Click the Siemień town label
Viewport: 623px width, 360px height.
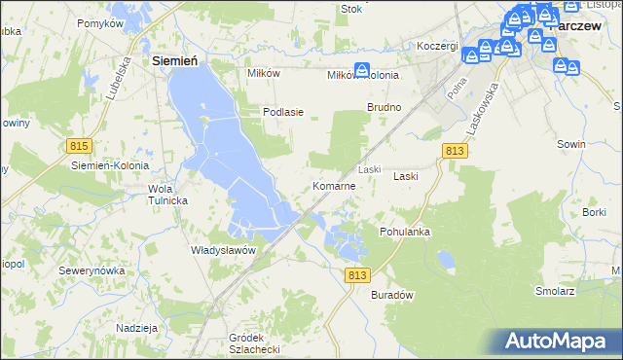point(176,60)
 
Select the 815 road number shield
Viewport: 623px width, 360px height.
point(80,146)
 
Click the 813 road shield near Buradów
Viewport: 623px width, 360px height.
point(357,276)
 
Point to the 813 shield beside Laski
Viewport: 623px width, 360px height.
point(455,151)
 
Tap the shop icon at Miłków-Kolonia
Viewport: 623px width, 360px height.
point(362,70)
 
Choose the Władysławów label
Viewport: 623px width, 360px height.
point(223,250)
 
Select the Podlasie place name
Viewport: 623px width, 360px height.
point(284,112)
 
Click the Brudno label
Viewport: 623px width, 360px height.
point(383,106)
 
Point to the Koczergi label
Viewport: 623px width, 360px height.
point(436,46)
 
